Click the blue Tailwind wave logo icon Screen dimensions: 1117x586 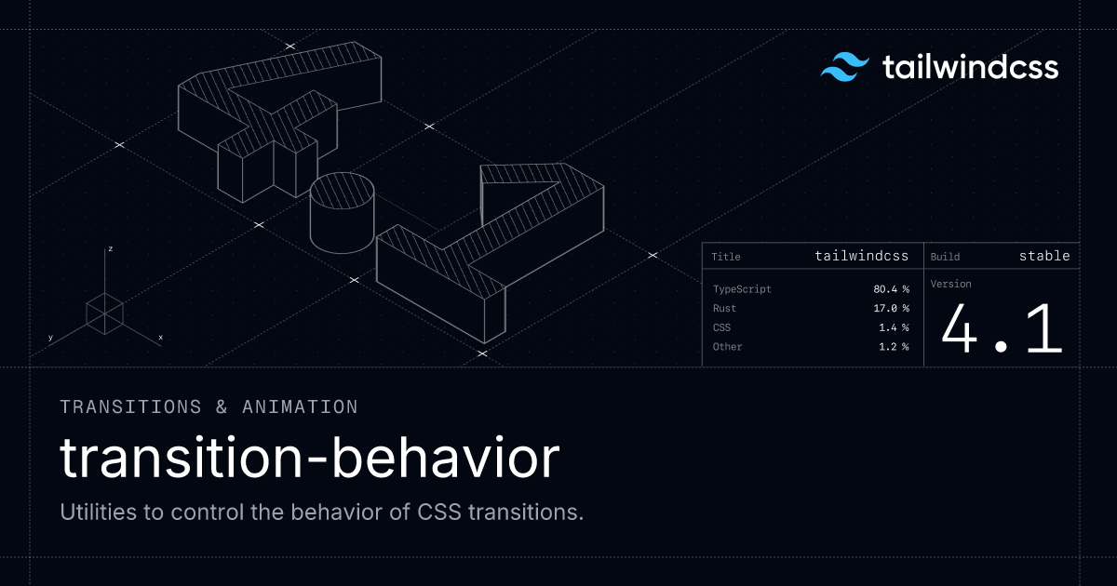(x=845, y=67)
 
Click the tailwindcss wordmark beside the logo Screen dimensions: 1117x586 (x=970, y=67)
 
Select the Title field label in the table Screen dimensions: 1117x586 (x=725, y=257)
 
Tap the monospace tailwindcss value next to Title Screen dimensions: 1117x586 (x=862, y=256)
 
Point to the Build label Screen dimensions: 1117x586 (x=945, y=257)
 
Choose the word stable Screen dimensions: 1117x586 (x=1044, y=256)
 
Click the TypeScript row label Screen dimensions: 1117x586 (x=742, y=289)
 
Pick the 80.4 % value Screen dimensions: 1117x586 (x=891, y=289)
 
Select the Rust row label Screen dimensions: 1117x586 (x=724, y=309)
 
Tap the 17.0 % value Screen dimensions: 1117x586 (x=891, y=309)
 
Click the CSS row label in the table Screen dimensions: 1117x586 (x=721, y=327)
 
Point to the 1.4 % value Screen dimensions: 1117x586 (x=895, y=327)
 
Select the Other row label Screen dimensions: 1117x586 (x=728, y=347)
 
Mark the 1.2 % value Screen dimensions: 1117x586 (x=895, y=347)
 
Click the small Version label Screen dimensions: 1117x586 (x=951, y=284)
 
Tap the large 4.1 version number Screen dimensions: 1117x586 (x=1002, y=329)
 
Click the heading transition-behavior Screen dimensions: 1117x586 (x=310, y=458)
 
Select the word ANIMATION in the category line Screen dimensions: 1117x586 (x=300, y=407)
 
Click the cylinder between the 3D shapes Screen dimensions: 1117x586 (x=343, y=213)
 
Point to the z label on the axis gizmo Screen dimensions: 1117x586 (x=110, y=248)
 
